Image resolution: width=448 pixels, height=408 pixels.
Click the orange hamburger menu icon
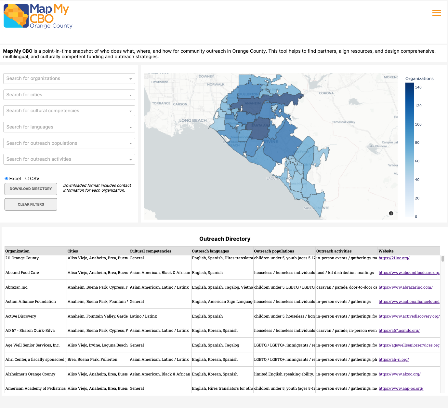click(x=437, y=13)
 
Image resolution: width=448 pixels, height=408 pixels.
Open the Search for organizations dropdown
click(x=69, y=78)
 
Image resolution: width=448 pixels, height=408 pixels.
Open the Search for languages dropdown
click(x=69, y=127)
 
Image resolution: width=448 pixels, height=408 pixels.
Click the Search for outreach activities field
click(x=69, y=159)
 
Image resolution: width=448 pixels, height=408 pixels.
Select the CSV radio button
click(x=27, y=178)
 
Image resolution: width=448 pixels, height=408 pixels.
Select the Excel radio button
click(x=7, y=178)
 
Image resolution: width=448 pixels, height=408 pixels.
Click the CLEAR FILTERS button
click(x=31, y=204)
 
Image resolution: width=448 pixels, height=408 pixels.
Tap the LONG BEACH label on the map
click(x=193, y=120)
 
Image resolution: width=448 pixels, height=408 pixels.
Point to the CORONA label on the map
click(x=326, y=93)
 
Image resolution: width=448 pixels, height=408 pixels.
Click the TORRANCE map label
click(x=161, y=103)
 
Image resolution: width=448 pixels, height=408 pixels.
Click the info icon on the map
click(x=391, y=213)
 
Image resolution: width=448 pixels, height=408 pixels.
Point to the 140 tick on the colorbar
click(x=418, y=87)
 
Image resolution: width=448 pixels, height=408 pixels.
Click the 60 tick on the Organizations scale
click(x=417, y=161)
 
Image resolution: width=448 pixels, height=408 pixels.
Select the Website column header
click(x=386, y=251)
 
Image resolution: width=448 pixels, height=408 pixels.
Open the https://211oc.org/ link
click(x=394, y=258)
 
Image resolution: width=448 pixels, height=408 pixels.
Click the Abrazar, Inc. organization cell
click(x=17, y=287)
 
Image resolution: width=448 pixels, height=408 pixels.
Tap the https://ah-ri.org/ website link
click(x=394, y=360)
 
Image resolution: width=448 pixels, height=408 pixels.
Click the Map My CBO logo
click(x=38, y=16)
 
